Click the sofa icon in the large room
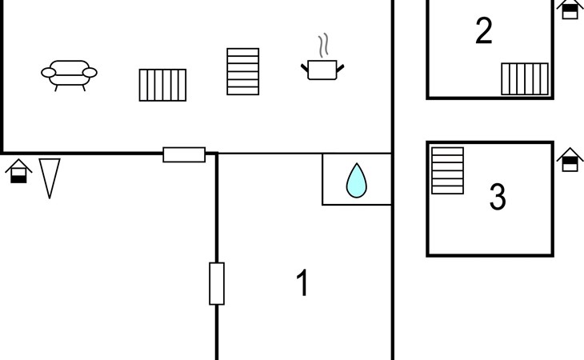point(69,75)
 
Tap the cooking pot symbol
point(322,70)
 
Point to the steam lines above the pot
point(324,45)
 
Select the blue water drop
point(357,180)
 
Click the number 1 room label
point(303,282)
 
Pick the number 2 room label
point(484,30)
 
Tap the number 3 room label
point(498,196)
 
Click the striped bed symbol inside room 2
point(525,79)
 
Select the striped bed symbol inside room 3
point(448,170)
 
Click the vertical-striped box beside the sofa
point(162,85)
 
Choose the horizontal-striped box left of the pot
point(243,71)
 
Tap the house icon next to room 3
point(570,160)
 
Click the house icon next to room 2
point(570,9)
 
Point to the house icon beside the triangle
point(18,171)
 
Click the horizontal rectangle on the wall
point(184,155)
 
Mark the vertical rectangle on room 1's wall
point(217,284)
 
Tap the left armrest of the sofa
point(49,73)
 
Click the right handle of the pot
point(340,69)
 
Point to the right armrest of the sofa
point(90,73)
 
